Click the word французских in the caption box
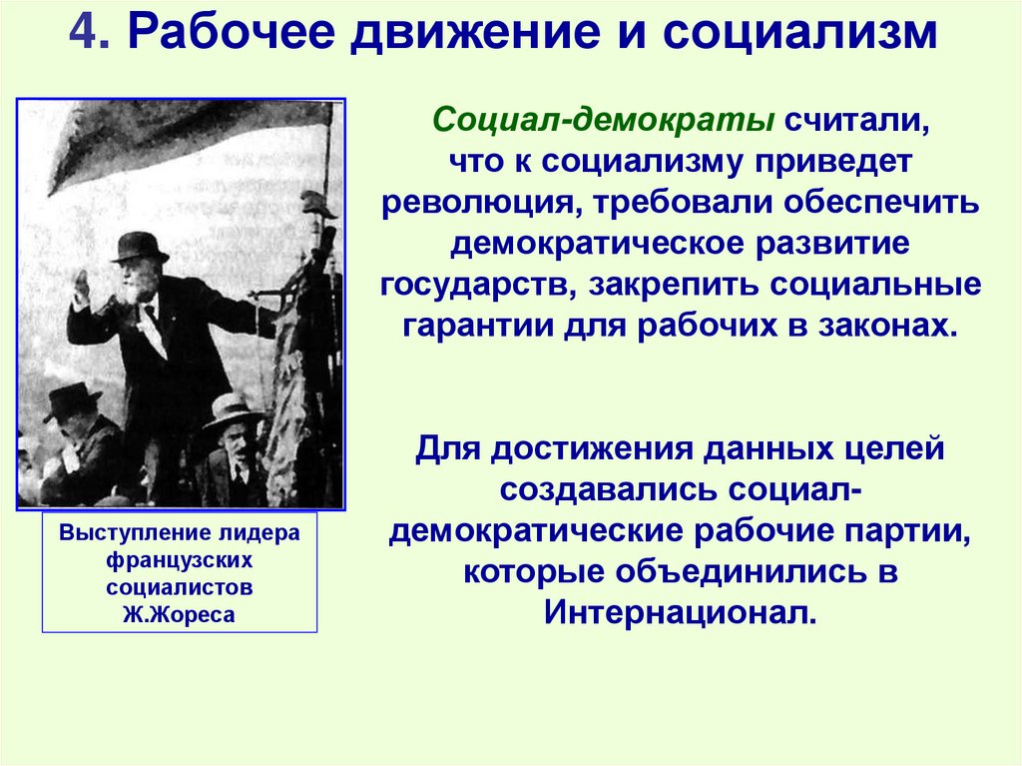(x=179, y=560)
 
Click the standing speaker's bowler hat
(x=140, y=247)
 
